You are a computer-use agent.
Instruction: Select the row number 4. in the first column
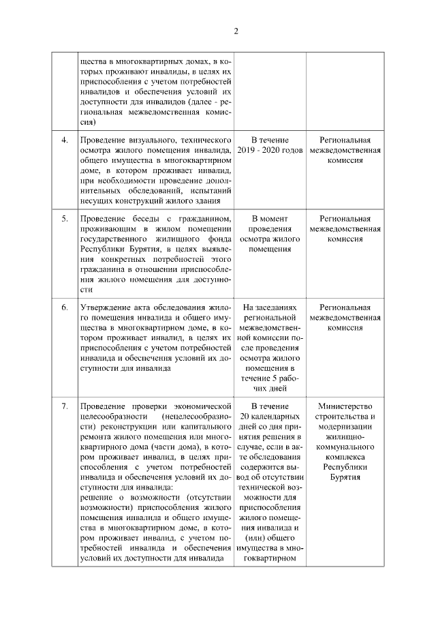pos(65,140)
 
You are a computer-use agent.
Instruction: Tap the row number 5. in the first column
pos(65,219)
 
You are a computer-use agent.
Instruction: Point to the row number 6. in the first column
pos(65,307)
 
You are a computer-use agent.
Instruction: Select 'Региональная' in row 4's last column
pos(344,140)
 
